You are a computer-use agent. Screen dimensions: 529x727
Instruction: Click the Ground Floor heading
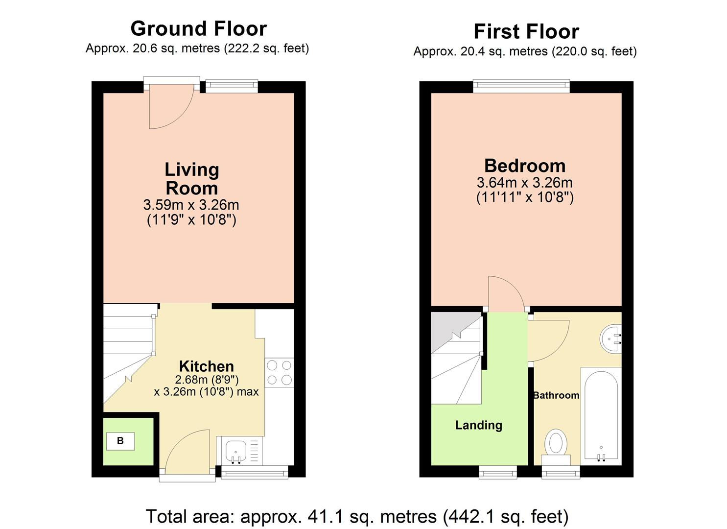[198, 28]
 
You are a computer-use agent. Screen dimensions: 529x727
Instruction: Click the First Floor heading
[526, 31]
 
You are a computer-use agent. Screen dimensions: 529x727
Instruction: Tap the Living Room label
[191, 179]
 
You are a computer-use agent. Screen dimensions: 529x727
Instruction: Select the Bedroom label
[525, 166]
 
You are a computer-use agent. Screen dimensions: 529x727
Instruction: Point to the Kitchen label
[206, 366]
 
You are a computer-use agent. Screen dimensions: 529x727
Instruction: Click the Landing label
[478, 425]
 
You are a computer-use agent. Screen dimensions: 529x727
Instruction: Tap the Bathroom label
[556, 395]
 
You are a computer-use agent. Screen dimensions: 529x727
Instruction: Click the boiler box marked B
[120, 441]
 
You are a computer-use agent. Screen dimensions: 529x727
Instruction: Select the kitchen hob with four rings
[279, 373]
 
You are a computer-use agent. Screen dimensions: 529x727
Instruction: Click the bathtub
[601, 416]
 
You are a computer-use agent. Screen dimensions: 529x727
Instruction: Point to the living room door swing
[169, 108]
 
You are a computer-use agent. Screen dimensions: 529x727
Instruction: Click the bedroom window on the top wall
[521, 87]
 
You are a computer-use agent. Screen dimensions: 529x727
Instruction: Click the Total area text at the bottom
[357, 516]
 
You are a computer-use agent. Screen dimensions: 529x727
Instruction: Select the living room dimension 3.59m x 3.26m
[191, 205]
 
